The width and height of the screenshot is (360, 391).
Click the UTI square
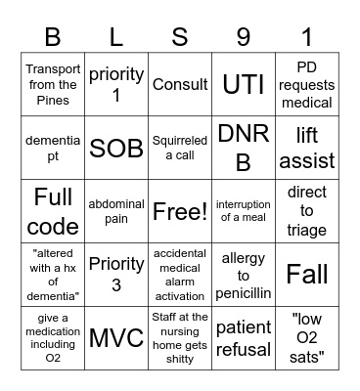coord(244,85)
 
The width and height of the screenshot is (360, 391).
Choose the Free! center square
coord(180,211)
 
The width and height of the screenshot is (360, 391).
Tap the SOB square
coord(116,149)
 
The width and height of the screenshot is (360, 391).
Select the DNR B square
coord(244,149)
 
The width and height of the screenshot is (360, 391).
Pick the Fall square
coord(307,275)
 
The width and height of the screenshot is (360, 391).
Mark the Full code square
coord(53,211)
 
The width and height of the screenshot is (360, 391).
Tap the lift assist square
coord(307,149)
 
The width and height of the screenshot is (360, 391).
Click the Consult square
coord(180,85)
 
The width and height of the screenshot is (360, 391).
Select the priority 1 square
coord(116,85)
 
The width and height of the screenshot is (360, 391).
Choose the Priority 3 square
coord(116,275)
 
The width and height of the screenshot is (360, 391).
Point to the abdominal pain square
coord(116,211)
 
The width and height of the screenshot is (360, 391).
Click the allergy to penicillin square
coord(244,275)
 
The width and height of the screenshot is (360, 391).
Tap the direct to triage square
coord(307,211)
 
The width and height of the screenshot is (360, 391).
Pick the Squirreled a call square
coord(180,149)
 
